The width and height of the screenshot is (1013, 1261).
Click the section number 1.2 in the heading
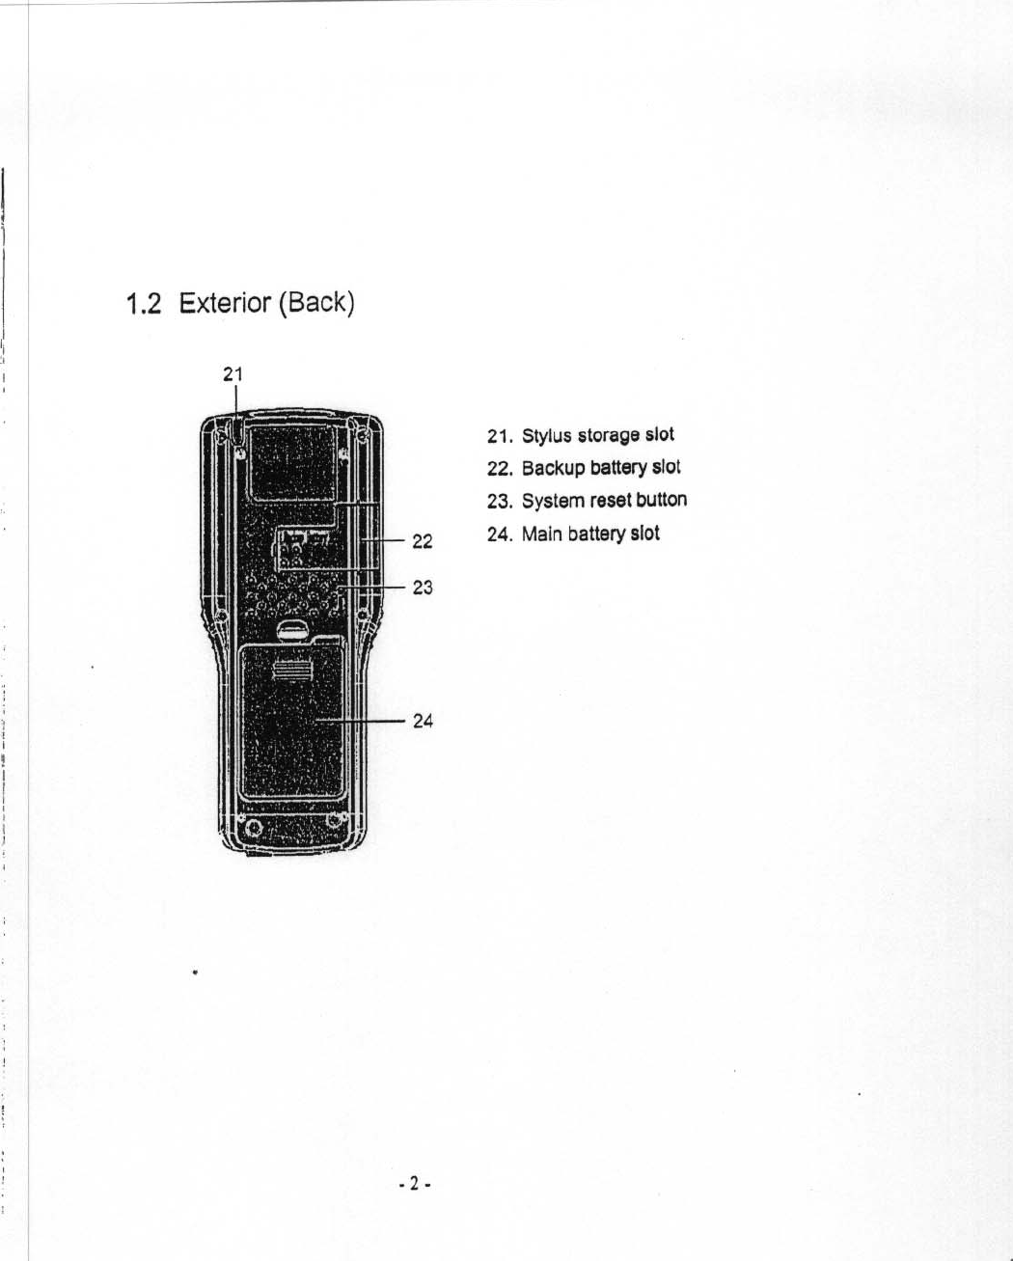tap(143, 305)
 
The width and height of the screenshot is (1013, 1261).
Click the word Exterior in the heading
tap(225, 303)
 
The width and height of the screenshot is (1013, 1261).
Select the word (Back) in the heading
tap(316, 303)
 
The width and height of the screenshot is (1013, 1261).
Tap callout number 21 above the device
tap(233, 374)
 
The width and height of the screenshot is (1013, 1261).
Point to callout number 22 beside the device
tap(423, 541)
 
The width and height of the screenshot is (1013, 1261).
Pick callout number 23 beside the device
tap(423, 587)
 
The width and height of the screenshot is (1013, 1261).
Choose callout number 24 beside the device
tap(423, 721)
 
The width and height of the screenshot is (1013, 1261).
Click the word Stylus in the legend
tap(546, 436)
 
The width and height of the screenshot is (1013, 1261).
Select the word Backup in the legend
tap(553, 469)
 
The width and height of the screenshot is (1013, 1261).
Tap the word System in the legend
tap(553, 502)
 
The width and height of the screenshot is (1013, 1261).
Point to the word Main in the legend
tap(541, 535)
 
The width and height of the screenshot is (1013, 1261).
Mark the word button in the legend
tap(662, 500)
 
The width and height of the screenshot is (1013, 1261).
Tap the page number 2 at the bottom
tap(413, 1184)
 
